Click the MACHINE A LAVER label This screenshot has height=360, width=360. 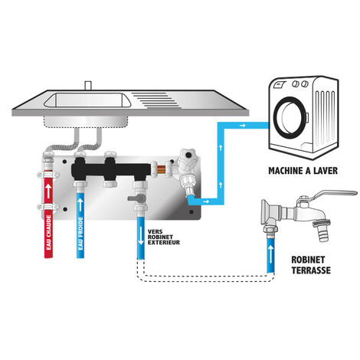click(303, 171)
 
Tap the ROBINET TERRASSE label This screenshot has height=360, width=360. click(311, 265)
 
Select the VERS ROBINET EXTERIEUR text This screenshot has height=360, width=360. click(164, 237)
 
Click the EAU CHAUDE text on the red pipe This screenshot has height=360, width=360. click(48, 232)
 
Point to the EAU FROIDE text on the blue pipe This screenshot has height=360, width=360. click(80, 234)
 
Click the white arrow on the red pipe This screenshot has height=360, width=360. click(48, 191)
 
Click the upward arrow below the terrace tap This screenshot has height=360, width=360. click(270, 254)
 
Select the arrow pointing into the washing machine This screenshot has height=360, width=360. click(242, 126)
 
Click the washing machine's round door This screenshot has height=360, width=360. click(290, 117)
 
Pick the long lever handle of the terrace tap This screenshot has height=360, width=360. click(335, 194)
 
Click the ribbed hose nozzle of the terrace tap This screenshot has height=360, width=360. click(322, 233)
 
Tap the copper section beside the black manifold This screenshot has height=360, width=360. click(162, 169)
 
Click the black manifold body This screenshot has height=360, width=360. click(110, 169)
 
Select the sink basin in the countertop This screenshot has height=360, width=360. click(87, 100)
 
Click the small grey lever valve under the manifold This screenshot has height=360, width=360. click(137, 198)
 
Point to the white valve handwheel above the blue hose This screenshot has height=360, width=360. click(188, 160)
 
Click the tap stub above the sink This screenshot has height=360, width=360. click(88, 85)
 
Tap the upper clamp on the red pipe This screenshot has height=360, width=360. click(48, 175)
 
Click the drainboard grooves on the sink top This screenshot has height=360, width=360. click(156, 100)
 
